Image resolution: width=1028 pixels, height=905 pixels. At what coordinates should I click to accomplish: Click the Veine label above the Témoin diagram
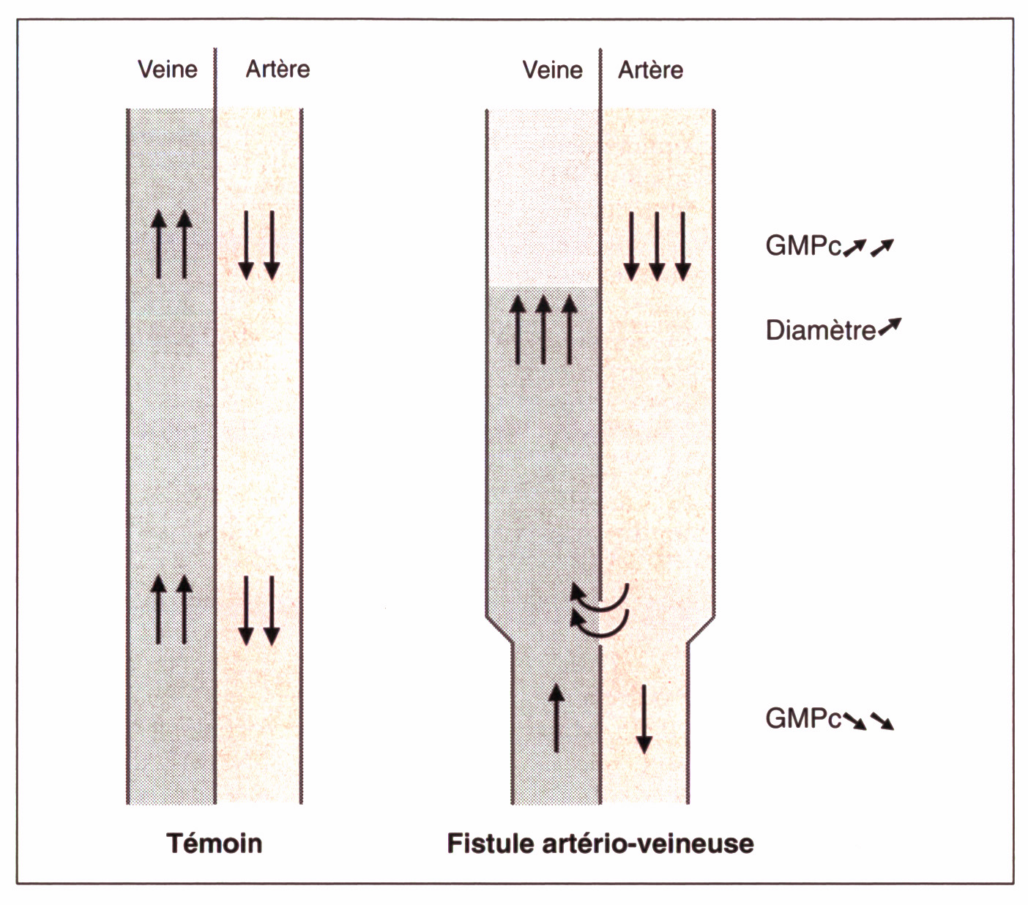[168, 70]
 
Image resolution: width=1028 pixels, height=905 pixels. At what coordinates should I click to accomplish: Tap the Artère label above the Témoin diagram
[278, 70]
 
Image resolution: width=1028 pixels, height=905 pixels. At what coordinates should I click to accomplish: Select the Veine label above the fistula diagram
[552, 70]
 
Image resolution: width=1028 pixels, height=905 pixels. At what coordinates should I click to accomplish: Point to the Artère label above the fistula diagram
[650, 70]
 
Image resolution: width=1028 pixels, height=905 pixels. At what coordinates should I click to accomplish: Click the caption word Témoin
[215, 843]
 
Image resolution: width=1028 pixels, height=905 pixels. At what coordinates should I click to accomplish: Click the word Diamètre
[821, 331]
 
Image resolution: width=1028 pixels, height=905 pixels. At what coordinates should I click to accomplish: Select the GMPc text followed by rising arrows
[803, 246]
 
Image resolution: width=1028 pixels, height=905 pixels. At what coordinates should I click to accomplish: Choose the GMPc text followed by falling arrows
[803, 719]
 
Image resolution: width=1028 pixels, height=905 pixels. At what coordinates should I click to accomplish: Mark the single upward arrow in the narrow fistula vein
[556, 718]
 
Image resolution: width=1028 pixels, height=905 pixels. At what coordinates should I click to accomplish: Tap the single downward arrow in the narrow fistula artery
[644, 719]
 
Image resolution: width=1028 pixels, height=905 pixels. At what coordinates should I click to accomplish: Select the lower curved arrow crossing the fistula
[599, 624]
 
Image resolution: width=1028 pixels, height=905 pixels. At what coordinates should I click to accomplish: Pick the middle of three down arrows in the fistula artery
[657, 246]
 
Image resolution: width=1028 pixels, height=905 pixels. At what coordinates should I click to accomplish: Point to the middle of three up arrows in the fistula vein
[543, 329]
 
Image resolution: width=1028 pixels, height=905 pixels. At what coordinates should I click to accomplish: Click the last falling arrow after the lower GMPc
[882, 722]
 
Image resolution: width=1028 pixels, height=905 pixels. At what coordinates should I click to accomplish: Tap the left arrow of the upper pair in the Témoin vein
[158, 245]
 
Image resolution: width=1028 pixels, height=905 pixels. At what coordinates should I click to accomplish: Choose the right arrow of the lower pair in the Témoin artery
[272, 611]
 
